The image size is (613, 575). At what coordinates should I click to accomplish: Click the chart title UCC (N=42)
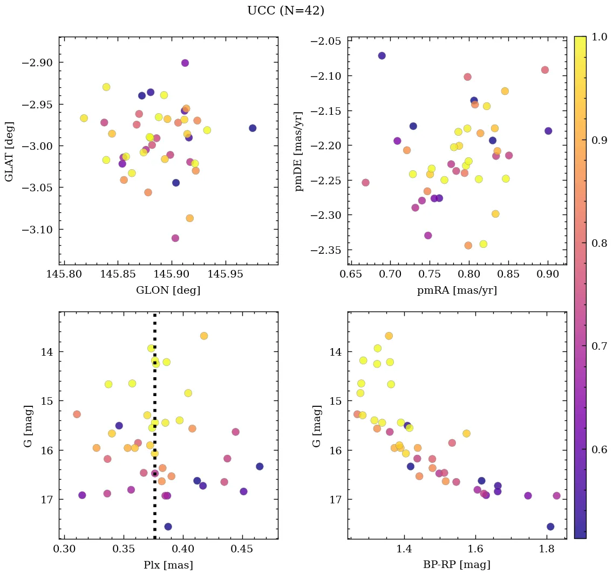[285, 11]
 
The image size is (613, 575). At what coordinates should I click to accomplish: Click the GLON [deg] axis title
[168, 290]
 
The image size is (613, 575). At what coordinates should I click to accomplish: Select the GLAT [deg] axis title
[9, 151]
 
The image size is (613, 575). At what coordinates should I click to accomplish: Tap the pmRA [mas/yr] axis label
[457, 290]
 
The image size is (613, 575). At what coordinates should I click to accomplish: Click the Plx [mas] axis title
[168, 565]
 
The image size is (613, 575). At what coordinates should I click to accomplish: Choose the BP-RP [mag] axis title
[457, 565]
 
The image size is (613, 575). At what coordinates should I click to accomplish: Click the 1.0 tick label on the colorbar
[599, 37]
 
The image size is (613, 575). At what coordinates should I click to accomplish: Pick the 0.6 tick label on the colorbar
[599, 449]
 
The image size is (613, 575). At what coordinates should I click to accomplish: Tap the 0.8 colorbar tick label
[599, 243]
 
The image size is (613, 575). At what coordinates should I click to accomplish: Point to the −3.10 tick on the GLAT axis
[37, 230]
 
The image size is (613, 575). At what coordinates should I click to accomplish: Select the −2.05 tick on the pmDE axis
[326, 42]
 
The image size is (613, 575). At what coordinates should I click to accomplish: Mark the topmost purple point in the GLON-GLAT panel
[185, 63]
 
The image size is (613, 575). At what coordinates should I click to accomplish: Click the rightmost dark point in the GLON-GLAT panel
[253, 128]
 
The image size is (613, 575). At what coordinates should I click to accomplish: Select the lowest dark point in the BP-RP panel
[550, 526]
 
